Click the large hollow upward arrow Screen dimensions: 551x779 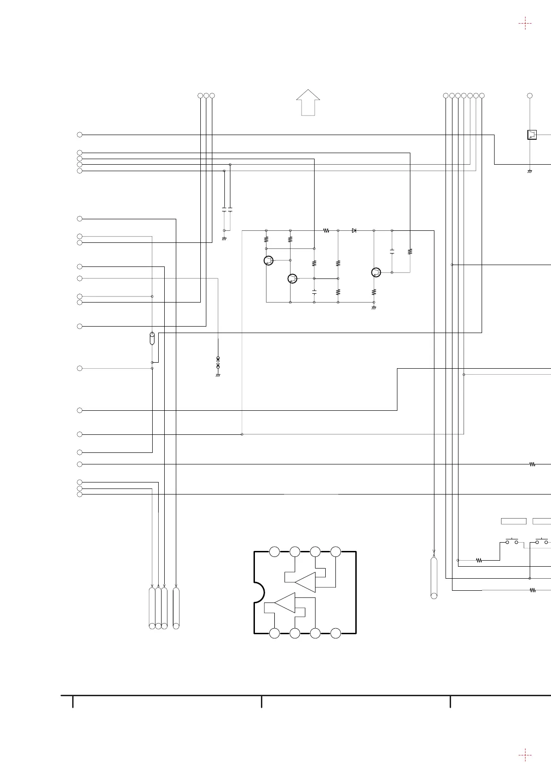pyautogui.click(x=308, y=102)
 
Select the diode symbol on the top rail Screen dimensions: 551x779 pyautogui.click(x=354, y=230)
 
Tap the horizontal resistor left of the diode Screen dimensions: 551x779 pyautogui.click(x=326, y=230)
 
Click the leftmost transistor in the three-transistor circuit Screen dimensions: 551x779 pyautogui.click(x=268, y=261)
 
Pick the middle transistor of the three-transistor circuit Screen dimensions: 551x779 pyautogui.click(x=292, y=278)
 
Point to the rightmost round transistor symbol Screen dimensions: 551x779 pyautogui.click(x=376, y=272)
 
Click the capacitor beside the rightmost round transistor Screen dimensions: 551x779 pyautogui.click(x=392, y=252)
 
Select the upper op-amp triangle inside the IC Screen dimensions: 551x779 pyautogui.click(x=305, y=582)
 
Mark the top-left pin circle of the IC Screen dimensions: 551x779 pyautogui.click(x=274, y=552)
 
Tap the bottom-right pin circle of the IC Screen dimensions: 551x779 pyautogui.click(x=336, y=633)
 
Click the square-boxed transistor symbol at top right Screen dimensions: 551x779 pyautogui.click(x=532, y=135)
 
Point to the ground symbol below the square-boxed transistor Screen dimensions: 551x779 pyautogui.click(x=530, y=172)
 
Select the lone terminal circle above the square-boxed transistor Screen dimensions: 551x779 pyautogui.click(x=530, y=96)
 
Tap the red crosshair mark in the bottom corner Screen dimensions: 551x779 pyautogui.click(x=525, y=755)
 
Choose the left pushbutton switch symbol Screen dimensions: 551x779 pyautogui.click(x=512, y=541)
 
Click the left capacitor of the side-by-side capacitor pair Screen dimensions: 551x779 pyautogui.click(x=224, y=210)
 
